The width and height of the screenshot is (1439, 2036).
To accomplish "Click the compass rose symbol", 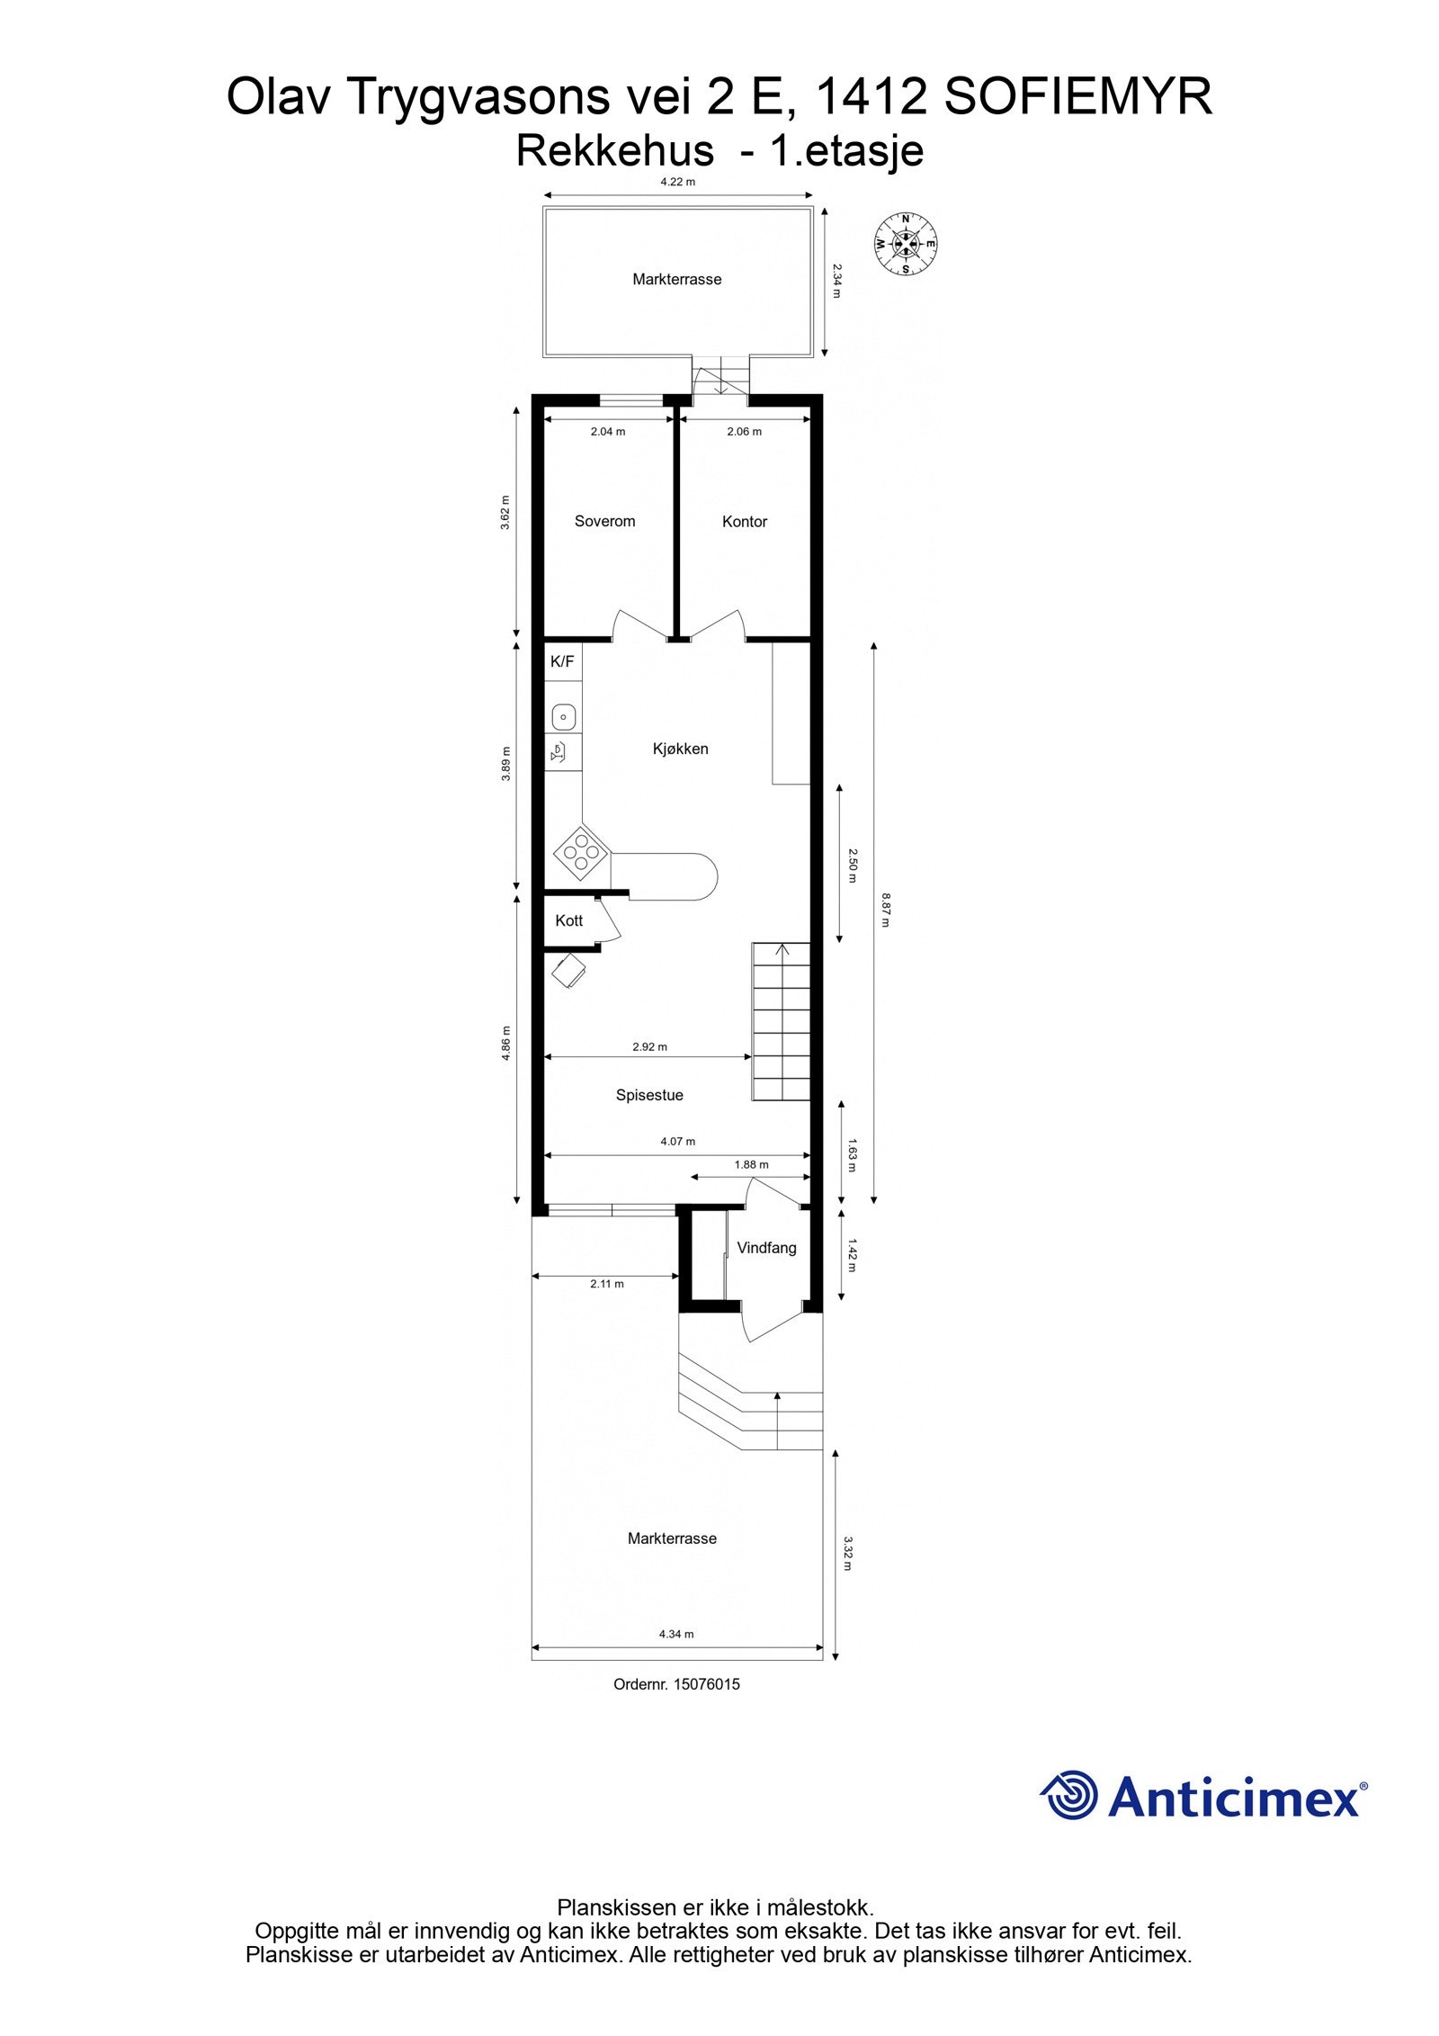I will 906,244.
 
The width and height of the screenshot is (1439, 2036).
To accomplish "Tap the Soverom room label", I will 604,522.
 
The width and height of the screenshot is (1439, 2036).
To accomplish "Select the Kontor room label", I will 744,522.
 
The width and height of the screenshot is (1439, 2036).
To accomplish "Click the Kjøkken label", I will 680,749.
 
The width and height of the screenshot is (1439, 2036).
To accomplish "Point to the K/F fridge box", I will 562,662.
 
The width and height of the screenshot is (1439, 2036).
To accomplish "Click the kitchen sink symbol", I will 563,717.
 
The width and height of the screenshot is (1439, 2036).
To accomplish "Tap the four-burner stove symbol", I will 580,852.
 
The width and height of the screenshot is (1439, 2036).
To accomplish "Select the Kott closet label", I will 568,920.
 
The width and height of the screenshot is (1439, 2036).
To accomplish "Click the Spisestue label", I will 649,1095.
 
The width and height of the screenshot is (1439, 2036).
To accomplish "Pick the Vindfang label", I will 766,1248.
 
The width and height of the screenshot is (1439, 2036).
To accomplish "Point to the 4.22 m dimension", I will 677,182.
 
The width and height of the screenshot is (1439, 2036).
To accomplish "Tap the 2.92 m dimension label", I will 649,1046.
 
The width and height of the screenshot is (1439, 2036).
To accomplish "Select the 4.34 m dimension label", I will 676,1634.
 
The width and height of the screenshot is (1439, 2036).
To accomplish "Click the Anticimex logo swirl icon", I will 1069,1795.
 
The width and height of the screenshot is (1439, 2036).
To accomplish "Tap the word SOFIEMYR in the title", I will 1077,97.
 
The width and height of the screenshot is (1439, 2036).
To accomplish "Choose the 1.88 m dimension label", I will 751,1164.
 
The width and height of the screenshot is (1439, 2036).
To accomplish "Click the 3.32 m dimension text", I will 846,1553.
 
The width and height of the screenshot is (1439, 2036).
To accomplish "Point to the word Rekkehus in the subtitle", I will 614,150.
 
